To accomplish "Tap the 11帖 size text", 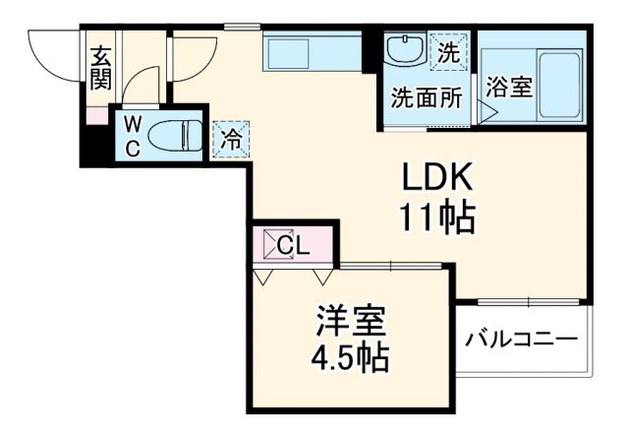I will tap(436, 217).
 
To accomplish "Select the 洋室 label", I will tap(350, 321).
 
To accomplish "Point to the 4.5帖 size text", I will tap(352, 355).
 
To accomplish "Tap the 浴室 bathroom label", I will tap(509, 87).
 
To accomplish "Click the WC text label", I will tap(132, 136).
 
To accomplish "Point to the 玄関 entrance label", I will tap(101, 66).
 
